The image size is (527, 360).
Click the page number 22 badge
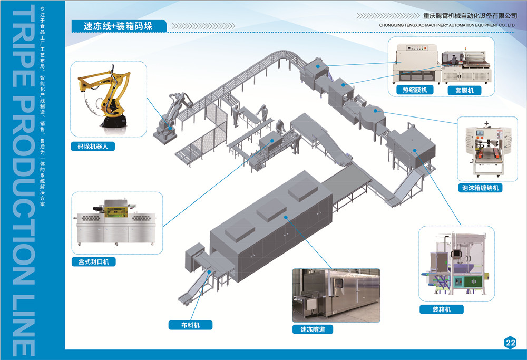pyautogui.click(x=510, y=343)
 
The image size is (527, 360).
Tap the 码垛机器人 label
pyautogui.click(x=92, y=147)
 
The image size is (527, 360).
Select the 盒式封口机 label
pyautogui.click(x=93, y=261)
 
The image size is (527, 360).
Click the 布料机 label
pyautogui.click(x=190, y=325)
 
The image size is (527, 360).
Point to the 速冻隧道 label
pyautogui.click(x=313, y=330)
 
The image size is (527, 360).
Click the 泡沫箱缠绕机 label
pyautogui.click(x=480, y=188)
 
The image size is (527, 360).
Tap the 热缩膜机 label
pyautogui.click(x=415, y=90)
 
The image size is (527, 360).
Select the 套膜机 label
pyautogui.click(x=464, y=90)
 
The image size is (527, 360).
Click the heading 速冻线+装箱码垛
pyautogui.click(x=118, y=25)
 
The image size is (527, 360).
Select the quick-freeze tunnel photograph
pyautogui.click(x=336, y=295)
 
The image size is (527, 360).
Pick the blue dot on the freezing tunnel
pyautogui.click(x=285, y=217)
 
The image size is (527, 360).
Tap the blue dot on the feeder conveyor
pyautogui.click(x=209, y=271)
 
